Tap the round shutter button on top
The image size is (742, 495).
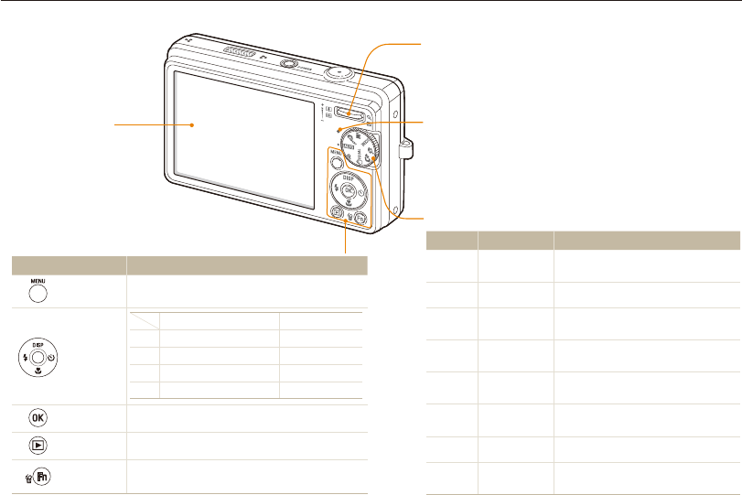(x=340, y=70)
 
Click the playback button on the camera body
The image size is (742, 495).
(x=337, y=216)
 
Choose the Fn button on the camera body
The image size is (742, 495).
(x=361, y=218)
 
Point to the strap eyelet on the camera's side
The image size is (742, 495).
(x=406, y=143)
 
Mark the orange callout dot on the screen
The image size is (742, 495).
(x=192, y=124)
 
